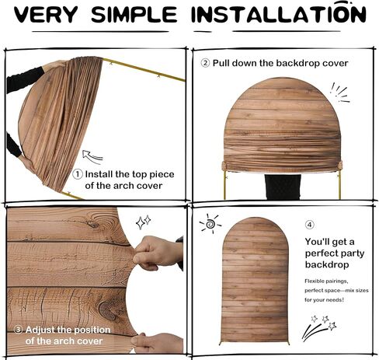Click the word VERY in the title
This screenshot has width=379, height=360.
pyautogui.click(x=46, y=15)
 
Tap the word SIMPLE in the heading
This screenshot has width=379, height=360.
pyautogui.click(x=134, y=15)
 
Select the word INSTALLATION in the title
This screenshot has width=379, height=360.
pyautogui.click(x=278, y=13)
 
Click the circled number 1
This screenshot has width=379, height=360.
pyautogui.click(x=78, y=174)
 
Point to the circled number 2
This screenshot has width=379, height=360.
pyautogui.click(x=205, y=63)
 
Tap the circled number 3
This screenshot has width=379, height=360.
pyautogui.click(x=18, y=330)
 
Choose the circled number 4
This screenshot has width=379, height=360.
pyautogui.click(x=310, y=225)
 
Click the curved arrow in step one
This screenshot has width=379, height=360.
pyautogui.click(x=92, y=157)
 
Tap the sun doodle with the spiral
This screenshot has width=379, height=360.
pyautogui.click(x=210, y=223)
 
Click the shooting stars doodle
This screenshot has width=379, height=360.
pyautogui.click(x=319, y=327)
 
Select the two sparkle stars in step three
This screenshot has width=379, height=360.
pyautogui.click(x=144, y=222)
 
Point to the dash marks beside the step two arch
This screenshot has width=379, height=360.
pyautogui.click(x=340, y=93)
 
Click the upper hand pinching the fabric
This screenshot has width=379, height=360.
pyautogui.click(x=158, y=253)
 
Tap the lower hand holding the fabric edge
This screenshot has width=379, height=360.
pyautogui.click(x=157, y=343)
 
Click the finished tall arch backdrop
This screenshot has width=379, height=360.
pyautogui.click(x=256, y=281)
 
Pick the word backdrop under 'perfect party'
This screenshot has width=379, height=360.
pyautogui.click(x=327, y=264)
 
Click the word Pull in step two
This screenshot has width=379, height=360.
pyautogui.click(x=221, y=63)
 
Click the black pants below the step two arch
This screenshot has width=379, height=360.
pyautogui.click(x=283, y=187)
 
